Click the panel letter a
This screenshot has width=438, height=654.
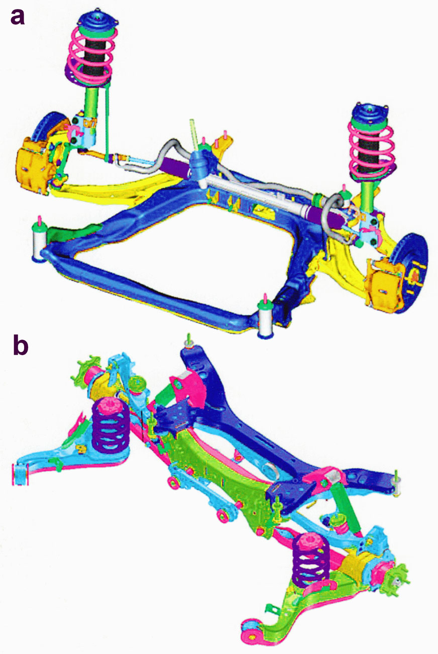point(17,17)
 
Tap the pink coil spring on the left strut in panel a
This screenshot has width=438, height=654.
point(90,56)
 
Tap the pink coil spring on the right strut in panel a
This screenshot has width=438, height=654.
point(371,149)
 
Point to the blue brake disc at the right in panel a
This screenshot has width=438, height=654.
point(412,272)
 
